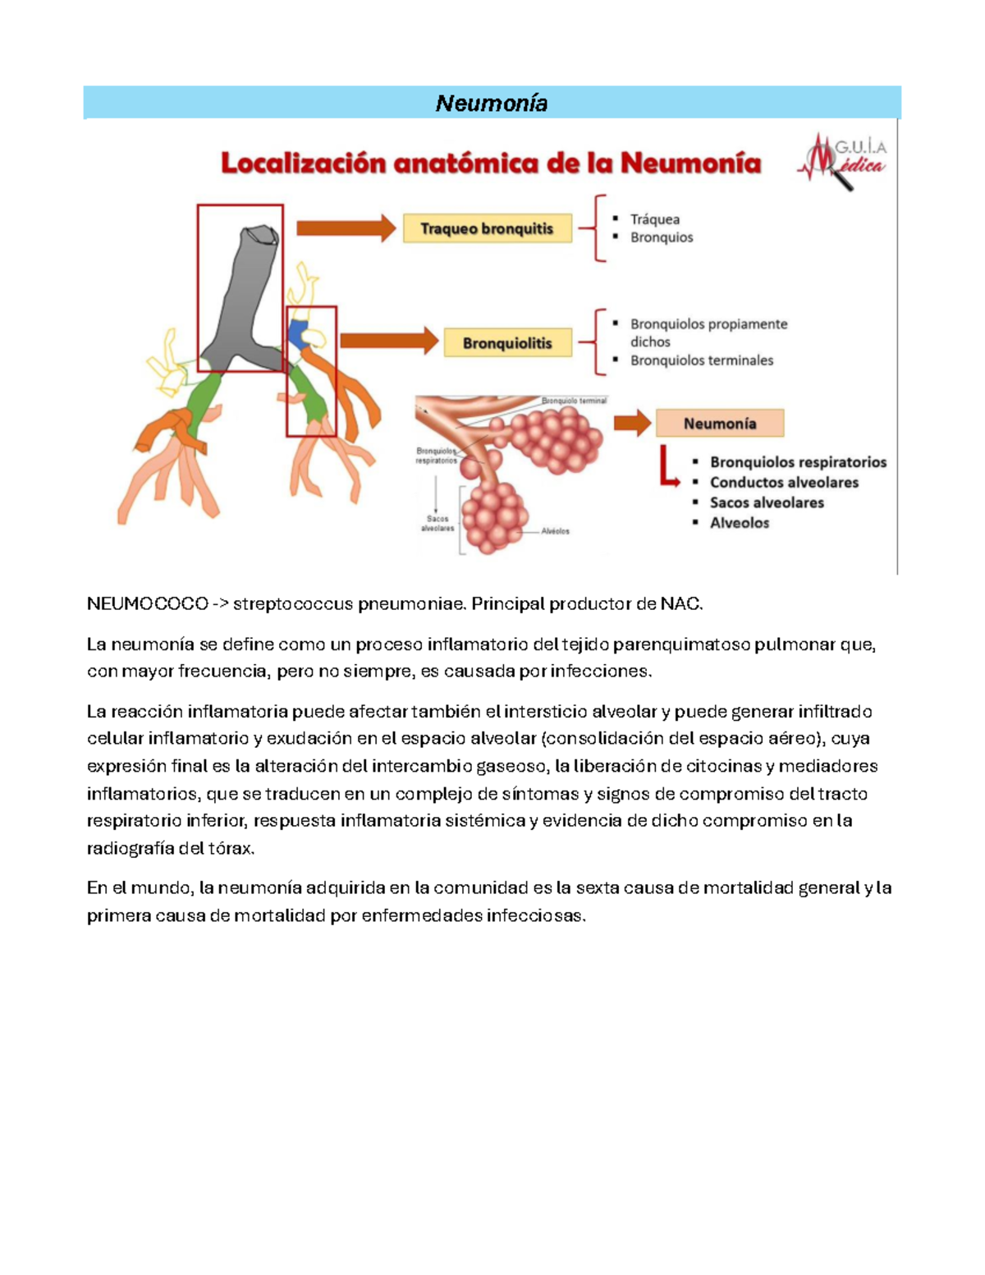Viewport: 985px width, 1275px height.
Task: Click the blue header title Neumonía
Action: pos(491,103)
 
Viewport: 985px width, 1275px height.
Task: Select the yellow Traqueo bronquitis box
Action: pos(487,228)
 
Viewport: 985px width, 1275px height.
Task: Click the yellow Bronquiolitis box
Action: pos(507,343)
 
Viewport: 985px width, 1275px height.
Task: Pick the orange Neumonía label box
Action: pos(720,424)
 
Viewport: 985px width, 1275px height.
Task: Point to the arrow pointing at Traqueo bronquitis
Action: pos(346,228)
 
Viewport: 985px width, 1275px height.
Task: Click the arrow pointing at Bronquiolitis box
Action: pos(389,341)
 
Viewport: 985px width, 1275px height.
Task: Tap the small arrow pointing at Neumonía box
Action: pos(632,424)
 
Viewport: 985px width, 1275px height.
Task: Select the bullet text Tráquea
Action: pos(654,219)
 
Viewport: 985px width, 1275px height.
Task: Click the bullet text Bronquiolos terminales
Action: pos(701,360)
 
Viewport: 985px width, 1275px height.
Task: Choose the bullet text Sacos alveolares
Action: pos(766,502)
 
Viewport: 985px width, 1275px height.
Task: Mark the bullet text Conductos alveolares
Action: pos(783,483)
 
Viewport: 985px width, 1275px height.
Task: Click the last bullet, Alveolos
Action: pos(739,523)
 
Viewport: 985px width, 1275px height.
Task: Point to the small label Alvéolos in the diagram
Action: pos(555,531)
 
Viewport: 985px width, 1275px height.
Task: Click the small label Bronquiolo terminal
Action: pos(574,401)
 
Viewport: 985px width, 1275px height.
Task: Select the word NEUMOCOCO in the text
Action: pos(147,604)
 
